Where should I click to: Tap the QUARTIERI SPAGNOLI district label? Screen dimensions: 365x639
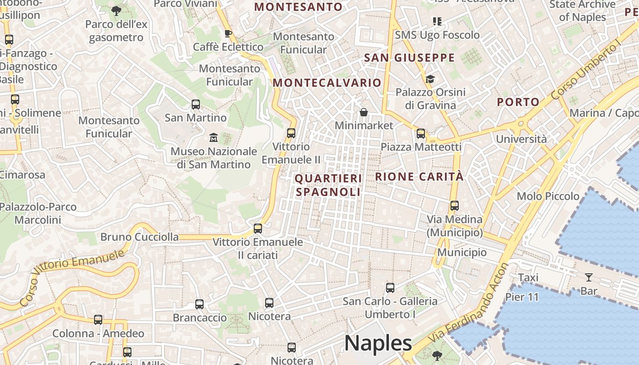click(328, 185)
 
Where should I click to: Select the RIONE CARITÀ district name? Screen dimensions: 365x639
click(419, 177)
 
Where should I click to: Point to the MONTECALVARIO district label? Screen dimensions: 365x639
click(327, 83)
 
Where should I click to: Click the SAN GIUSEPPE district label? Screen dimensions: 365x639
click(409, 57)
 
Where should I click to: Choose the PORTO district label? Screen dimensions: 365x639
click(518, 102)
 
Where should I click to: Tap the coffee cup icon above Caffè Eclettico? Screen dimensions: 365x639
click(228, 33)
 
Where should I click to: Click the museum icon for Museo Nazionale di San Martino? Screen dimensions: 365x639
click(213, 137)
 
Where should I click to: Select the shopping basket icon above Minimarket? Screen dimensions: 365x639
click(364, 112)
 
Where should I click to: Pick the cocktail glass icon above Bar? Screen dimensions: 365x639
click(589, 277)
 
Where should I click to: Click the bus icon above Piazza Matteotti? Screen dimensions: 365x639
click(421, 134)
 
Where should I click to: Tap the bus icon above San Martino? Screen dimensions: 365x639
click(196, 104)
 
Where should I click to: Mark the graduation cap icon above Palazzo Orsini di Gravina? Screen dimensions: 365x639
click(430, 79)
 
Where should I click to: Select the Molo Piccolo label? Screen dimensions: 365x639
click(548, 196)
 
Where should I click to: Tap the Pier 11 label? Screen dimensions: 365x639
click(522, 297)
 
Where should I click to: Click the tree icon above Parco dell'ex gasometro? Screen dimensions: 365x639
click(116, 10)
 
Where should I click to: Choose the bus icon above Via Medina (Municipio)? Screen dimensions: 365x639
click(455, 206)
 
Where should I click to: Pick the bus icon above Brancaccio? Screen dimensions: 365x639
click(199, 304)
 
